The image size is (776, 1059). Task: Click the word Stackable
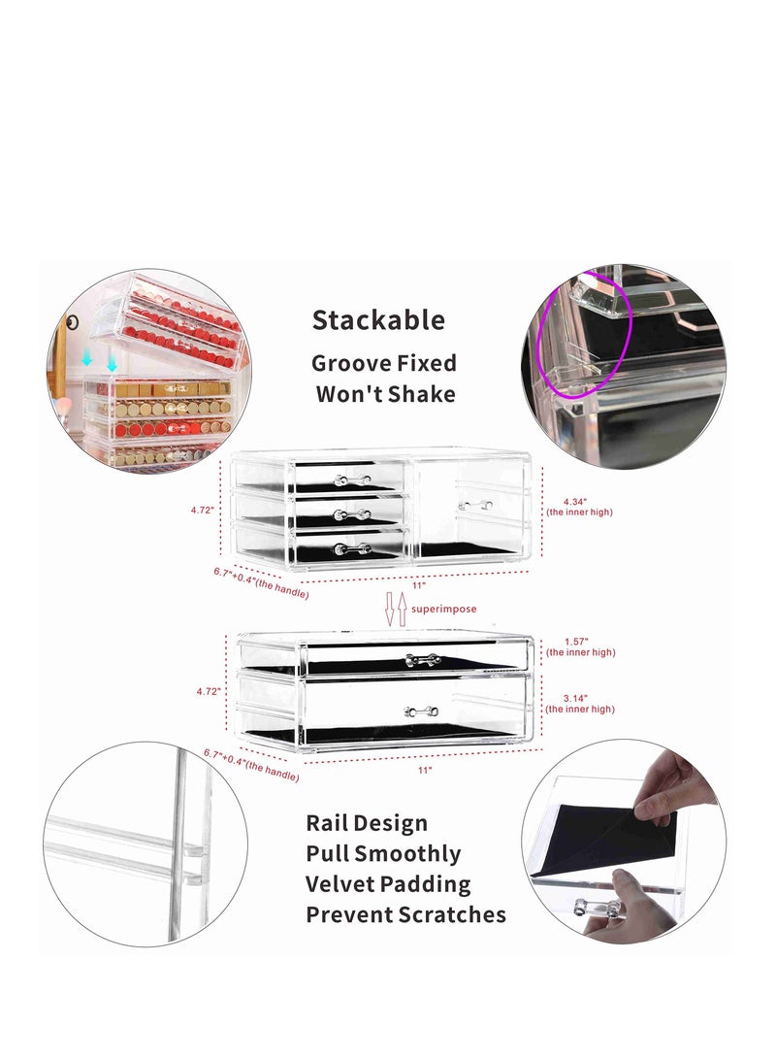coord(378,320)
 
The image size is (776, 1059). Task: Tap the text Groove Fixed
coord(383,364)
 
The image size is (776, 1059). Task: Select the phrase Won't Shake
coord(385,394)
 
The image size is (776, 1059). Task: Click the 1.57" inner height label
coord(578,642)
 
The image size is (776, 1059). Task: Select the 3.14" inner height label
coord(578,698)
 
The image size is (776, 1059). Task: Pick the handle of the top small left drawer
coord(351,480)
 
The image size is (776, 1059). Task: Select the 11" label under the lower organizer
coord(424,769)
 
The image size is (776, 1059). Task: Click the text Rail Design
coord(367,823)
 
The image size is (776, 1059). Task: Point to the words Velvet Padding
coord(388,884)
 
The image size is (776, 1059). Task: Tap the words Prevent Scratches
coord(405,914)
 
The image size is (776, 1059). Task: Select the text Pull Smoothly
coord(383,854)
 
